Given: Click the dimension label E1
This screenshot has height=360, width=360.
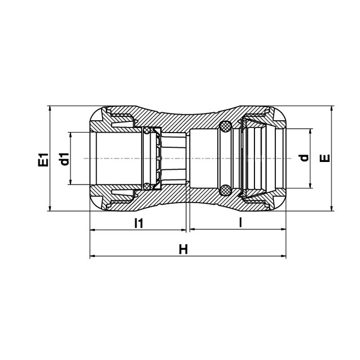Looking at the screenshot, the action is (43, 160).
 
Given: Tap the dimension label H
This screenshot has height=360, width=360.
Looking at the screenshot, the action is (183, 249).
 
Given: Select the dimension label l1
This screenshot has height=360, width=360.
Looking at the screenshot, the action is (139, 223).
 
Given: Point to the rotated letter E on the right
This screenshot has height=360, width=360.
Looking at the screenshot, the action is (325, 158).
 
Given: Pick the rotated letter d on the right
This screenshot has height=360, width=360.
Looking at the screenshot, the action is (305, 158).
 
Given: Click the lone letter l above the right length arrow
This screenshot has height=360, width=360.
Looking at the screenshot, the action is (240, 222).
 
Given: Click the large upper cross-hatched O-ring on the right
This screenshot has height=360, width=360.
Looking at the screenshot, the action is (225, 126).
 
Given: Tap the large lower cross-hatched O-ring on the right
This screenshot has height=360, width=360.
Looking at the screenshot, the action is (225, 190).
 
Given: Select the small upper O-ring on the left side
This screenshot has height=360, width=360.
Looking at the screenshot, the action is (147, 131).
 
